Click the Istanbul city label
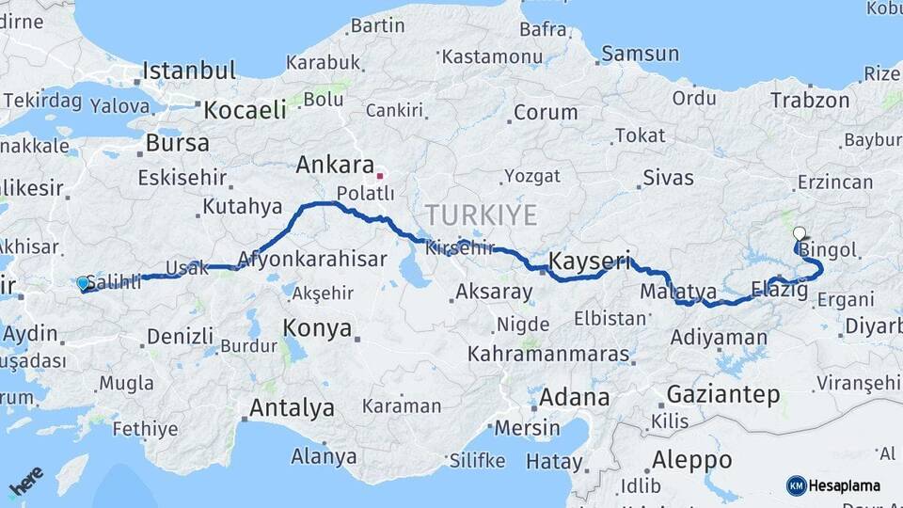click(189, 71)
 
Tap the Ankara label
click(335, 166)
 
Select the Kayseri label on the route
click(589, 261)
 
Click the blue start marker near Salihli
click(83, 283)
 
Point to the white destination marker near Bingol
click(799, 233)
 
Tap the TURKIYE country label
click(481, 215)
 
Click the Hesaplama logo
click(833, 485)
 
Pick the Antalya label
click(292, 408)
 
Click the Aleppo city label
click(690, 460)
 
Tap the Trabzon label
click(810, 100)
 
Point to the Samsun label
click(640, 54)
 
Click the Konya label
click(318, 329)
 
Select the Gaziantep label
click(723, 393)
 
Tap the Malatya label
click(678, 292)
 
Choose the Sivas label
click(668, 177)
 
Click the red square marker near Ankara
click(380, 175)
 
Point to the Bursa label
click(178, 144)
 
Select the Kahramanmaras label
click(548, 355)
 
